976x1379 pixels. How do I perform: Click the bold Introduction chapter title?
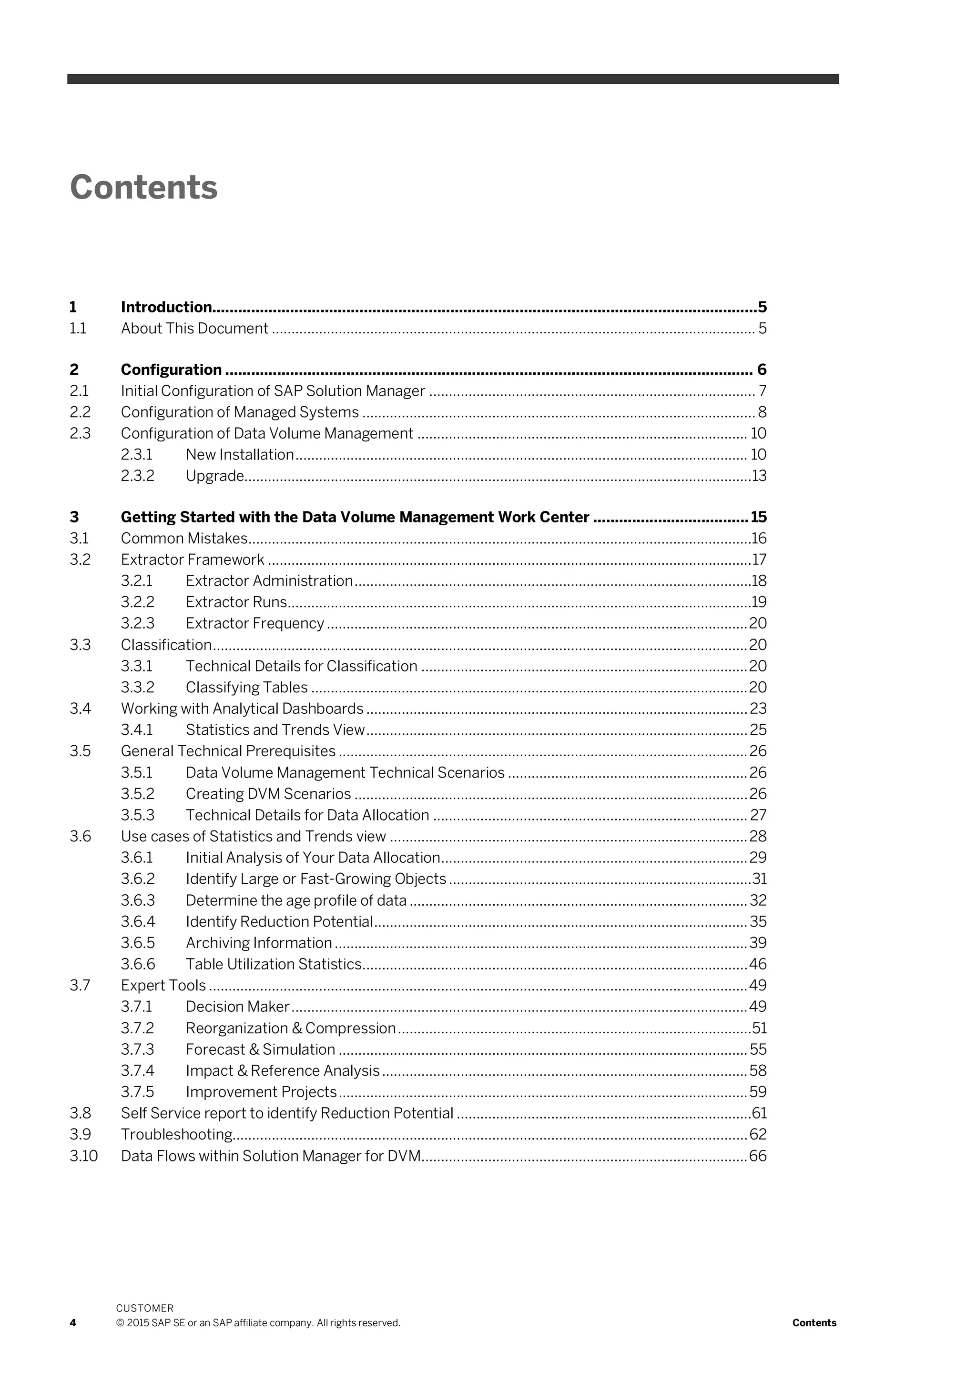pyautogui.click(x=166, y=307)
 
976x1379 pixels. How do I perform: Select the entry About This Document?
pyautogui.click(x=194, y=329)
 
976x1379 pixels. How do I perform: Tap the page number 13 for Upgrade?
pyautogui.click(x=759, y=476)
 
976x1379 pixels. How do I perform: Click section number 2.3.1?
pyautogui.click(x=137, y=455)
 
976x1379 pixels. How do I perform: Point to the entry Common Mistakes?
pyautogui.click(x=184, y=538)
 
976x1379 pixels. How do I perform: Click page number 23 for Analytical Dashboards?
pyautogui.click(x=758, y=709)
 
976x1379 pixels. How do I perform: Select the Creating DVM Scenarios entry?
pyautogui.click(x=268, y=794)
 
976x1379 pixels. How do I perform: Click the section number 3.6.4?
pyautogui.click(x=138, y=922)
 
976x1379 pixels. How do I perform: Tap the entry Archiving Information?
pyautogui.click(x=258, y=943)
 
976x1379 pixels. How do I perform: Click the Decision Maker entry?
pyautogui.click(x=237, y=1007)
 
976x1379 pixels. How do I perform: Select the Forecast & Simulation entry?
pyautogui.click(x=260, y=1049)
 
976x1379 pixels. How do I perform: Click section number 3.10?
pyautogui.click(x=83, y=1156)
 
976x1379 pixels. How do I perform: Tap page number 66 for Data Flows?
pyautogui.click(x=758, y=1156)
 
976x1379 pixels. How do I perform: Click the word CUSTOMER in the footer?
pyautogui.click(x=144, y=1308)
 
